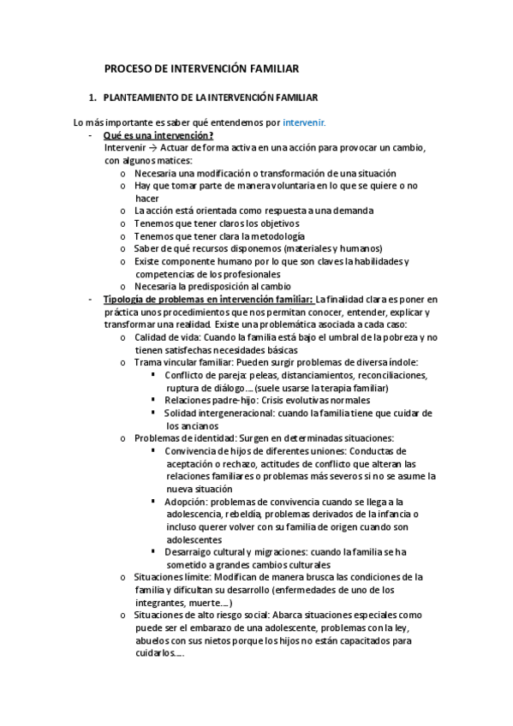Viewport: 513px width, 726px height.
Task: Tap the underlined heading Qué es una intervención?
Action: point(158,135)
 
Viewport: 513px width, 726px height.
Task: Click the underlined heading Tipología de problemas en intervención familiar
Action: point(208,299)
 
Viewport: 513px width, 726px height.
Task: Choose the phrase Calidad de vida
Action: point(162,337)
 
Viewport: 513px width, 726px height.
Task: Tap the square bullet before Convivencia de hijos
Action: point(153,450)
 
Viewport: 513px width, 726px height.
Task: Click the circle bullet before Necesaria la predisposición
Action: point(124,287)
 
